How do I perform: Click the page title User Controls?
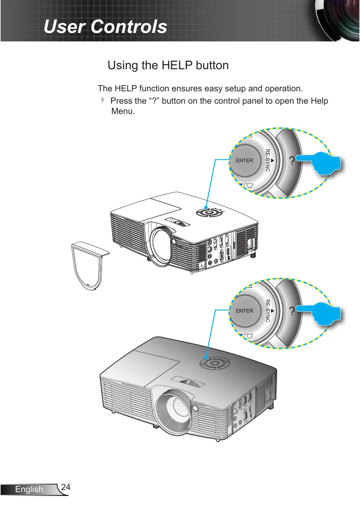(105, 27)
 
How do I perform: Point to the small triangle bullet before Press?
(103, 100)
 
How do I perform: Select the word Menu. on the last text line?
(123, 111)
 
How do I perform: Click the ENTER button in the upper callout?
(244, 160)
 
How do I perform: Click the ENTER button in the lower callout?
(244, 311)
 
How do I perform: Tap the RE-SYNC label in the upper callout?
(267, 160)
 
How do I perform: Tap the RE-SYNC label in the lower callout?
(267, 311)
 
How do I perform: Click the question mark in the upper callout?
(292, 161)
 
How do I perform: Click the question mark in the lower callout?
(292, 311)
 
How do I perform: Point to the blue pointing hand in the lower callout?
(321, 313)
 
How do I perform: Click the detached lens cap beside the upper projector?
(88, 266)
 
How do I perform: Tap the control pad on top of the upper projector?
(209, 212)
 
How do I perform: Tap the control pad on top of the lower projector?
(214, 363)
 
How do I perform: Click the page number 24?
(66, 487)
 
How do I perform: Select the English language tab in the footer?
(29, 489)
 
